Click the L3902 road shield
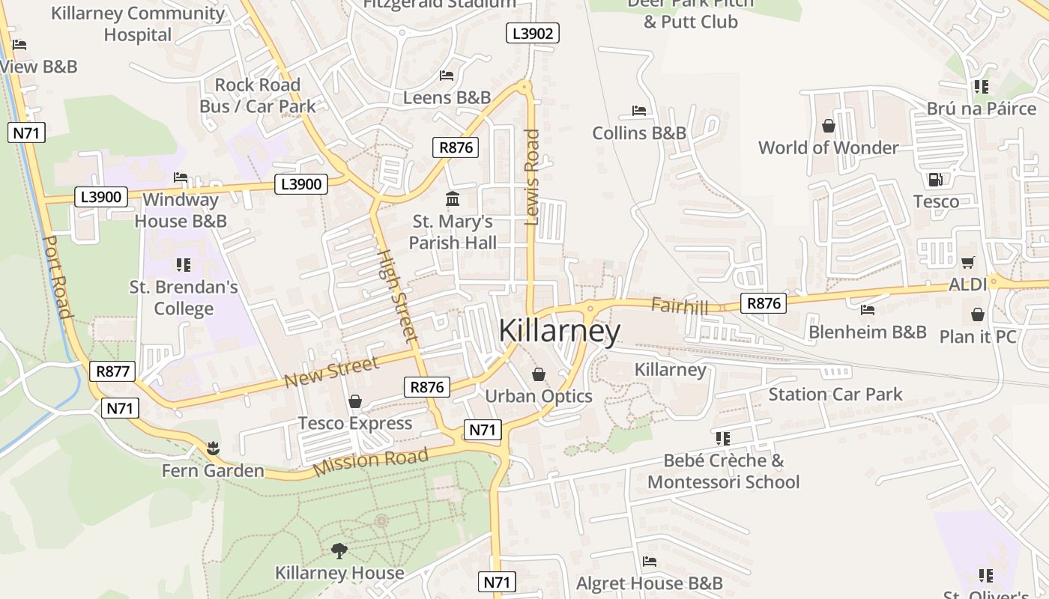[533, 33]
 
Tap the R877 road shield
[112, 371]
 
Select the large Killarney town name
[559, 332]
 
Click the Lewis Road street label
[532, 177]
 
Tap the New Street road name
[331, 372]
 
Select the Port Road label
[57, 277]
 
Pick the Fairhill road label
[680, 305]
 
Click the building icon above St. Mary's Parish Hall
[453, 199]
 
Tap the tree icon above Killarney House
[339, 552]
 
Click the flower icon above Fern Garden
[214, 449]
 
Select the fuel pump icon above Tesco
[935, 180]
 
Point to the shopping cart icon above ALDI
[967, 262]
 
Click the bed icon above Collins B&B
[639, 111]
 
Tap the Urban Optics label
[539, 396]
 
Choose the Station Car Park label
[835, 394]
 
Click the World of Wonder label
[828, 148]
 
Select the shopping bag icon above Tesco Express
[355, 402]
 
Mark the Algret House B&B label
[650, 583]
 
